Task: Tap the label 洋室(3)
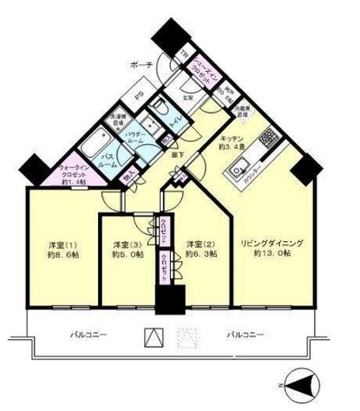[x=127, y=244]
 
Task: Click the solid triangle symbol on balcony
[x=151, y=337]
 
